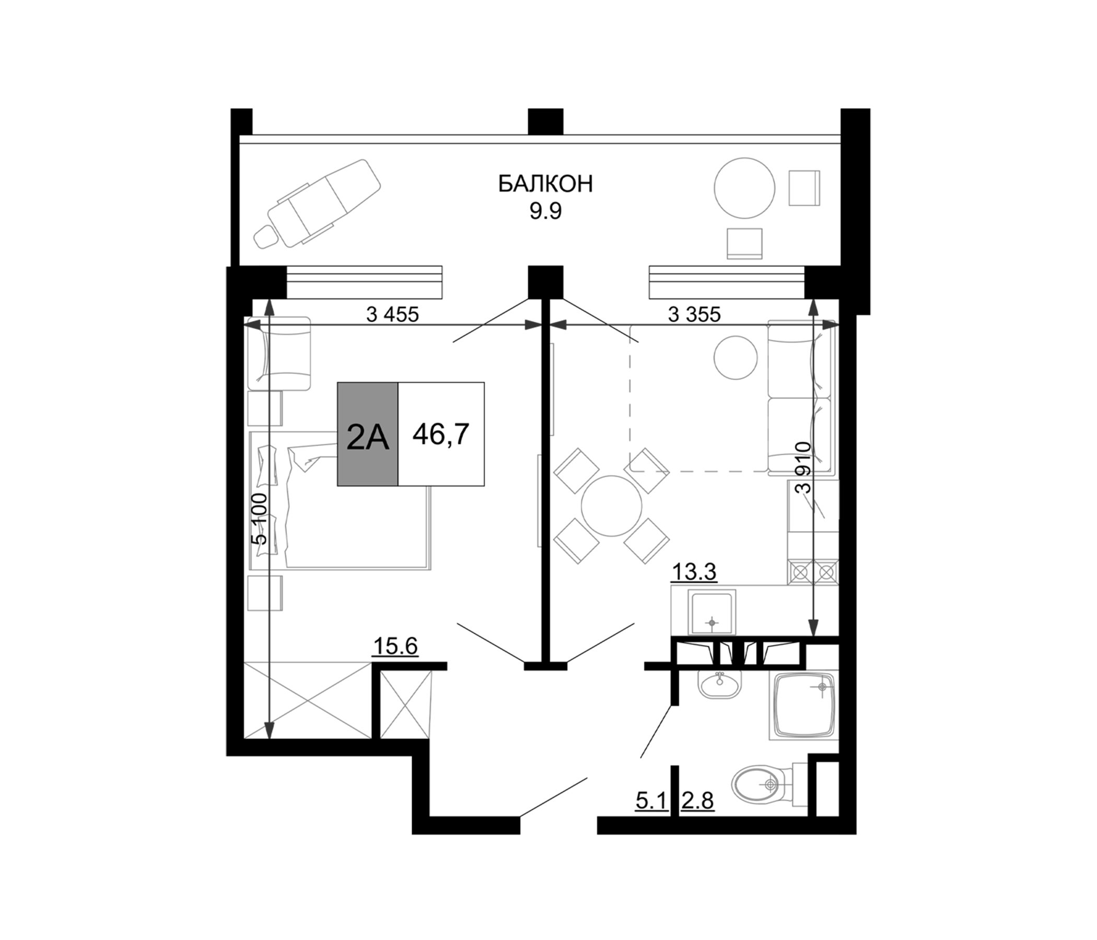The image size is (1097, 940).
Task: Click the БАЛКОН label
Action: pos(545,184)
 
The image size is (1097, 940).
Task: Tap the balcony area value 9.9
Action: pos(545,211)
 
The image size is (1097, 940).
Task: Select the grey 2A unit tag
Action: pos(368,434)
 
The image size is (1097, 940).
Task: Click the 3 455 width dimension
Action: pos(392,315)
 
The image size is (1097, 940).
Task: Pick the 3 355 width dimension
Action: pos(694,315)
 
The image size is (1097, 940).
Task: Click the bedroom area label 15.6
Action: pos(395,647)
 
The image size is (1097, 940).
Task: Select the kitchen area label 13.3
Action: pos(694,572)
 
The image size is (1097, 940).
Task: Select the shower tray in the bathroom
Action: pos(804,706)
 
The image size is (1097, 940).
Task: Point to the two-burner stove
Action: pos(813,572)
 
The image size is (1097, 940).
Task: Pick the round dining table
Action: pos(612,506)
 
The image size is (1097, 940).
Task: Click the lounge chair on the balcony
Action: pos(318,204)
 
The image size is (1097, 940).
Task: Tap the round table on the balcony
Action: pos(745,188)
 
